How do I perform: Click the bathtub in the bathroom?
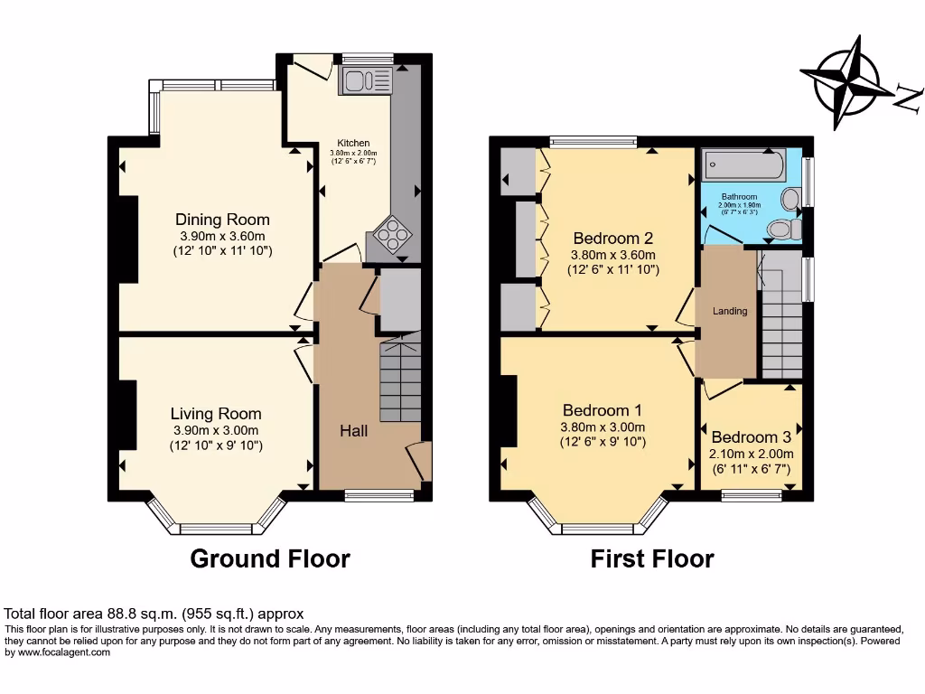tap(744, 165)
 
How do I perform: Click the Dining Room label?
tap(222, 220)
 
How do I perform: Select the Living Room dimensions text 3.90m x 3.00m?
tap(217, 430)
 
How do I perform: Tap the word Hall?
tap(353, 431)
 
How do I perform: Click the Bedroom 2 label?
tap(613, 239)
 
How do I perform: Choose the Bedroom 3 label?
tap(743, 436)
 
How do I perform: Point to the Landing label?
tap(730, 311)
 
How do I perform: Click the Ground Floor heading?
tap(269, 558)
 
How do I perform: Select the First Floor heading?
tap(651, 558)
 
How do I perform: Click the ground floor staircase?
tap(399, 380)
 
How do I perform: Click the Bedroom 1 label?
tap(602, 409)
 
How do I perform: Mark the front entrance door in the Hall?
tap(419, 462)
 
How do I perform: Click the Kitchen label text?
tap(353, 144)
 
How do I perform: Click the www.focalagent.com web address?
tap(58, 652)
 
